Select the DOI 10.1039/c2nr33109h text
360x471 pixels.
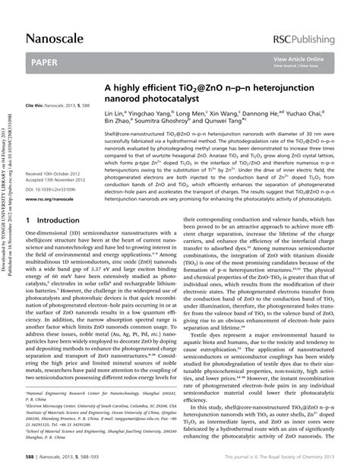[x=57, y=190]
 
